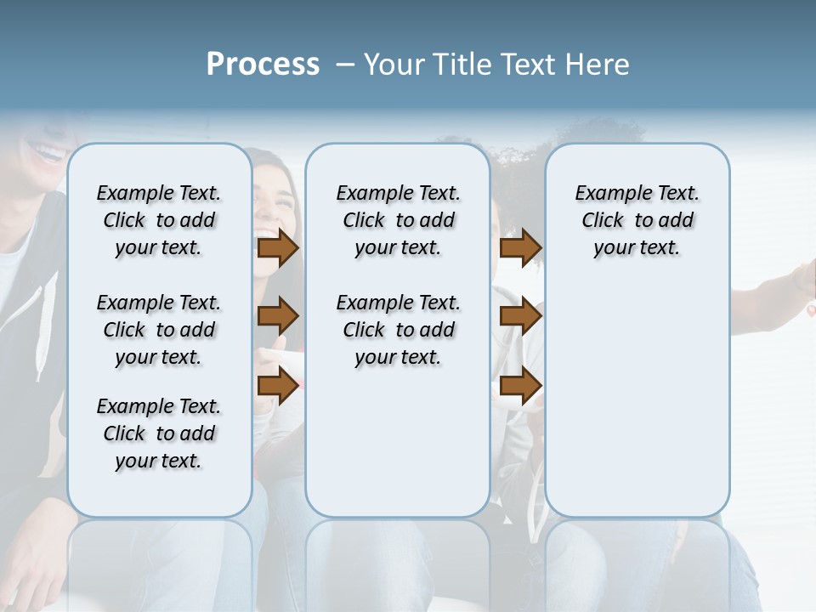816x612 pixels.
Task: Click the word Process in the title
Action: [x=263, y=65]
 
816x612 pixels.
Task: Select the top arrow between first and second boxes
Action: [x=278, y=248]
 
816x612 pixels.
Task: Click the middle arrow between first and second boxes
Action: [x=278, y=317]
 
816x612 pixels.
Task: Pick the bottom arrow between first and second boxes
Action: [x=278, y=385]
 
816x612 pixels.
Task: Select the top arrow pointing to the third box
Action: [x=520, y=248]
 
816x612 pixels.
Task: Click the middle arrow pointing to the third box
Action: [x=520, y=317]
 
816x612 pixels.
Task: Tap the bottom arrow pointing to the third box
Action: [x=520, y=385]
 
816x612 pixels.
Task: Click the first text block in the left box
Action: [x=159, y=220]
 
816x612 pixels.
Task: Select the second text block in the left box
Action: [x=159, y=330]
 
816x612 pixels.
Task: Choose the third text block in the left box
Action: [x=159, y=433]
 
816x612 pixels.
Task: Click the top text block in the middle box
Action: [x=398, y=220]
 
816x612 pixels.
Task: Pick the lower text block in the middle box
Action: [x=398, y=330]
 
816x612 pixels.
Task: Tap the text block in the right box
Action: [x=637, y=220]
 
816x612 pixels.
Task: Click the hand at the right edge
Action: [x=803, y=280]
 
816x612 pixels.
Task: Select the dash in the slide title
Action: [x=345, y=65]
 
